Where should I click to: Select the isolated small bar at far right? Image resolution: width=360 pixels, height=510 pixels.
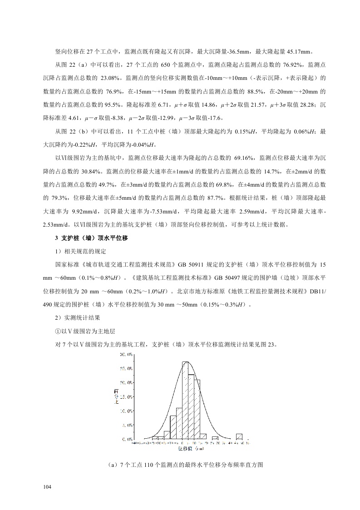tap(239, 436)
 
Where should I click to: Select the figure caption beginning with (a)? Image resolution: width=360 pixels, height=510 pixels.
tap(180, 465)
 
